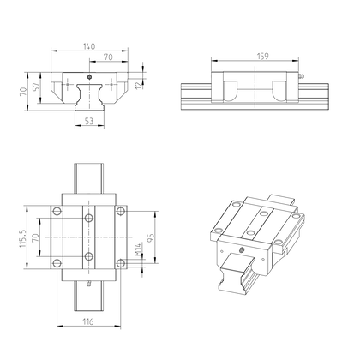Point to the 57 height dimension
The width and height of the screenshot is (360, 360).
(x=35, y=87)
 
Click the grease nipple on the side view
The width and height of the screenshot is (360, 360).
(x=302, y=78)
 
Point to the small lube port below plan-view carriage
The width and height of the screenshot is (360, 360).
(x=90, y=280)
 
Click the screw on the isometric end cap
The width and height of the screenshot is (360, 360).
(x=242, y=249)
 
